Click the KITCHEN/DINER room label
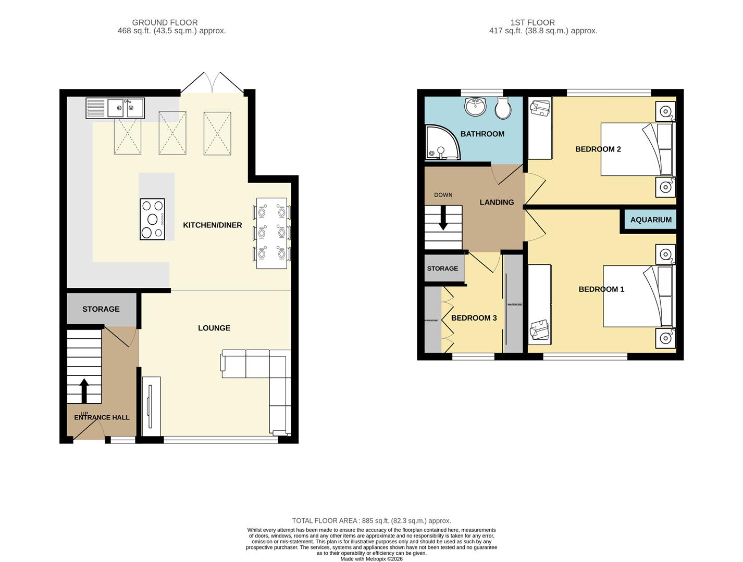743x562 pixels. (212, 225)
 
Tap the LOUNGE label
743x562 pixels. (214, 328)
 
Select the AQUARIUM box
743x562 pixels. (650, 220)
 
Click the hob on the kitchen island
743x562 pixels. (152, 219)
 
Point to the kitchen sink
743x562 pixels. (115, 108)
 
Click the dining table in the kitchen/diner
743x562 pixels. (271, 233)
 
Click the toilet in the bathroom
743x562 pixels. (503, 108)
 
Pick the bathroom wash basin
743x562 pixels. (475, 107)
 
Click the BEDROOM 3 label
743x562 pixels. (474, 318)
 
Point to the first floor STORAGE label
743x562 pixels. (442, 269)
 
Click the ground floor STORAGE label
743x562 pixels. (101, 309)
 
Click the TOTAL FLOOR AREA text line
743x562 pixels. (371, 520)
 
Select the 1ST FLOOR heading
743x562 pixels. (533, 22)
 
